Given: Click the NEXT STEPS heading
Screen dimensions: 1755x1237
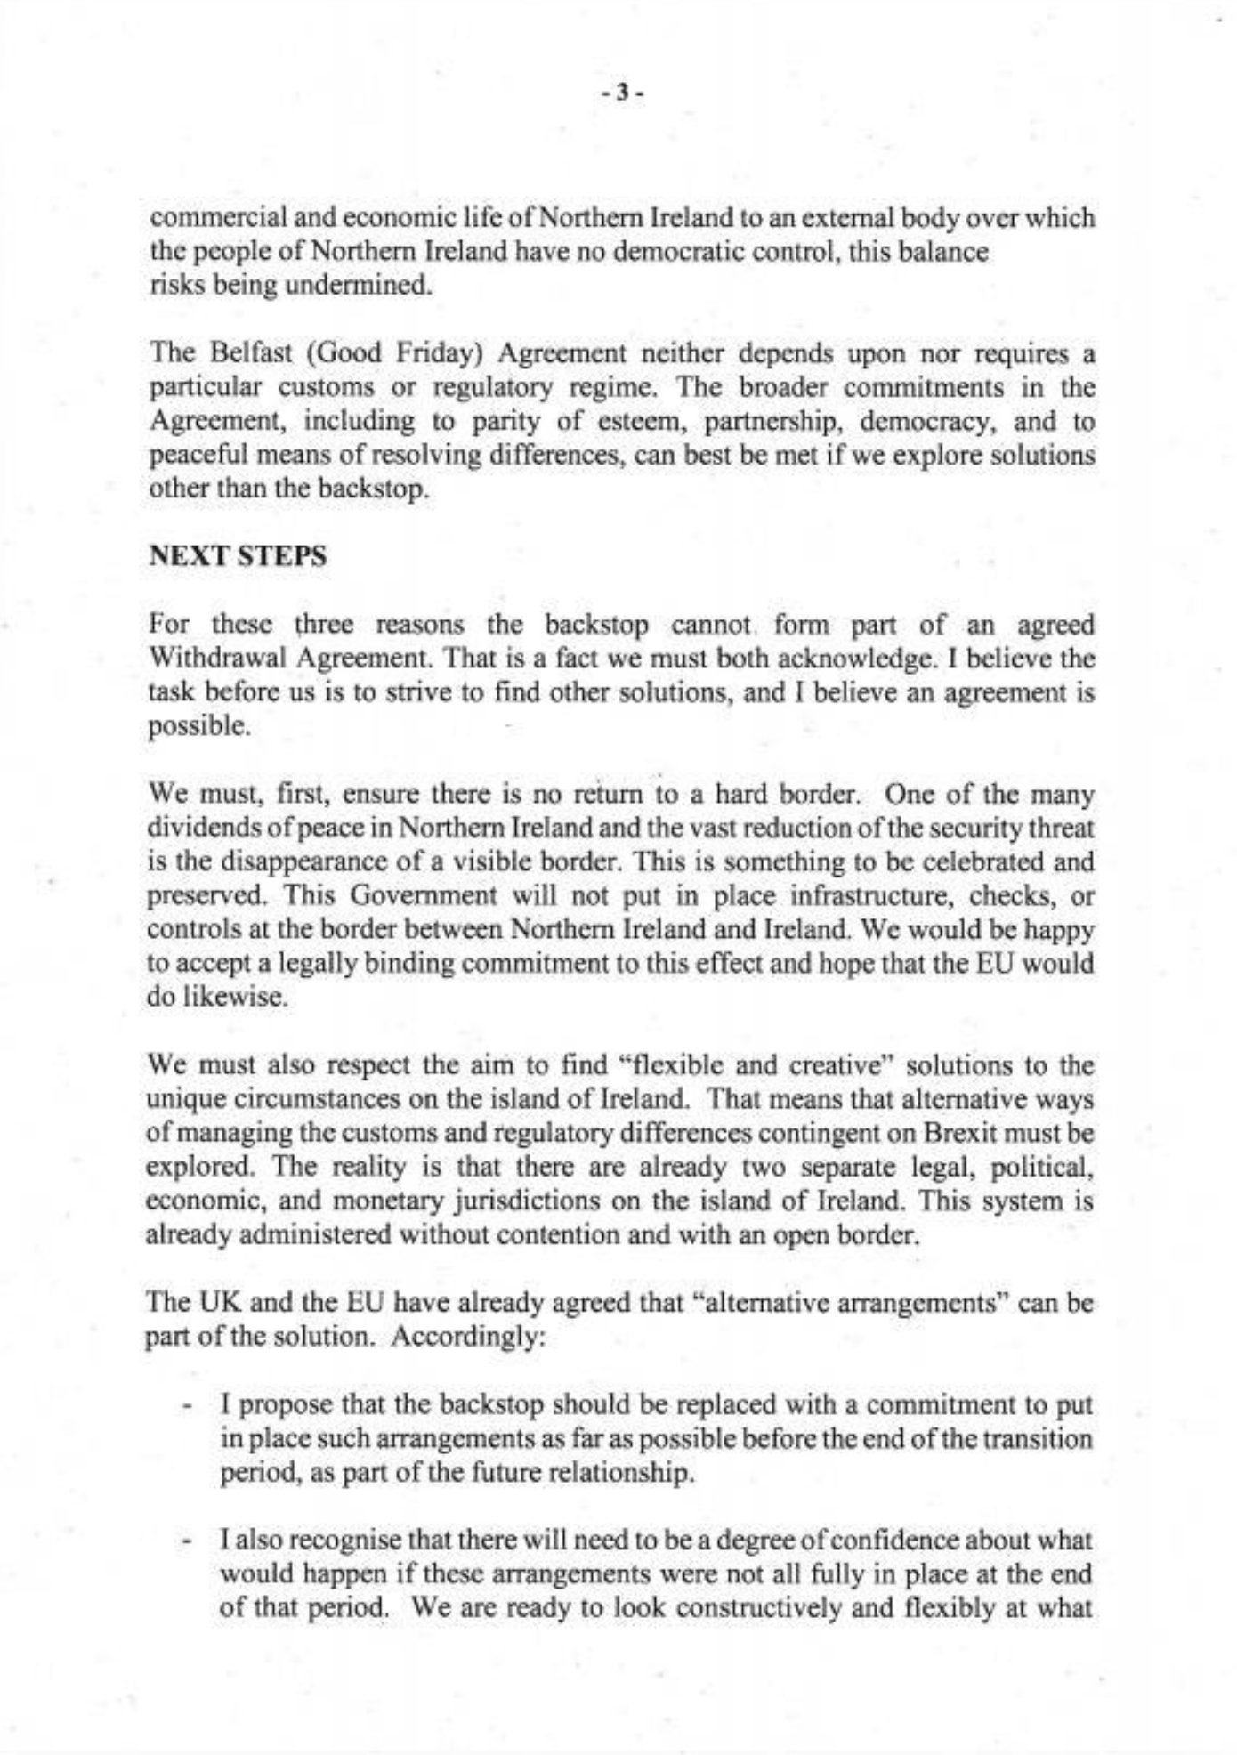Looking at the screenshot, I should tap(238, 557).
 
